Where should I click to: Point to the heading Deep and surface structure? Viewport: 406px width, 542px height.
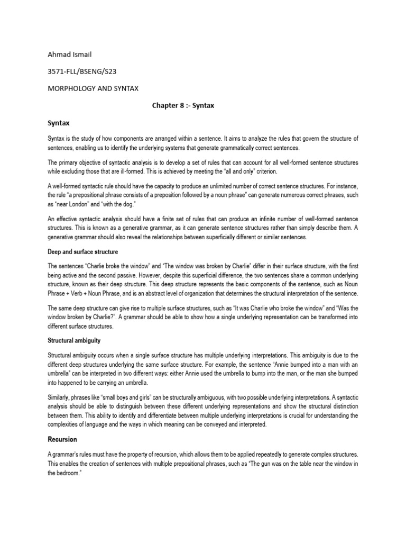coord(82,252)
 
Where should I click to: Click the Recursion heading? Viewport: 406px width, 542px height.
coord(62,439)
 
